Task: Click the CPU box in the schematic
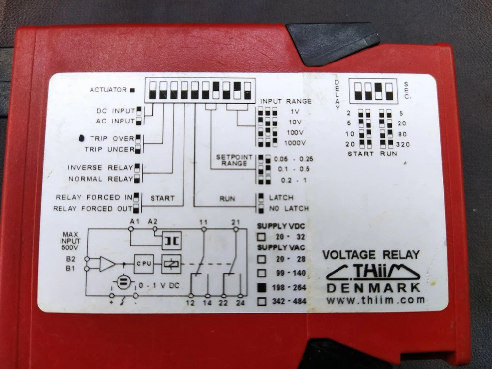144,264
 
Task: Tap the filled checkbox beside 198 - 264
261,287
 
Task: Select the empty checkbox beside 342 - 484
262,301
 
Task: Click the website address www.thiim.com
375,300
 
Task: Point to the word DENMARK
373,288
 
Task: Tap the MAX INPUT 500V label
70,241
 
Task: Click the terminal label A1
135,221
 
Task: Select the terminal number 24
240,303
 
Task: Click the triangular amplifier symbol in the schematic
107,264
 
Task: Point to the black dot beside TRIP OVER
81,138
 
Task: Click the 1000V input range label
295,143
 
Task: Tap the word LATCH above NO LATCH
281,198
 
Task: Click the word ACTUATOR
108,90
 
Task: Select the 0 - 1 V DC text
159,285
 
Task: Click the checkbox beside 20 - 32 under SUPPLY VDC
261,237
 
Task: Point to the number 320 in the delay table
403,144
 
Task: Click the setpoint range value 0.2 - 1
294,180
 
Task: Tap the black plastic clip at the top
333,43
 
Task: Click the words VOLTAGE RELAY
371,255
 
